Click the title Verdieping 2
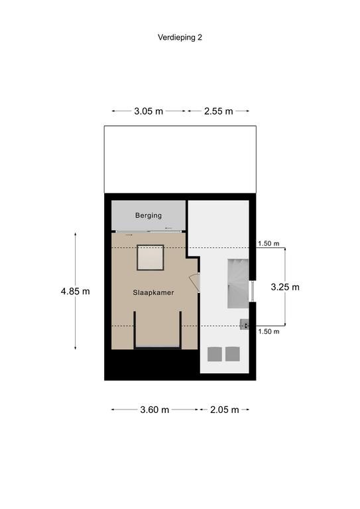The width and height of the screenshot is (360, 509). tap(180, 37)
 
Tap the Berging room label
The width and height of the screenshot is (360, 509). tap(149, 215)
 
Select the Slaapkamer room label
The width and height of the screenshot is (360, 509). tap(153, 292)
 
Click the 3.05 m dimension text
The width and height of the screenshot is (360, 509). tap(149, 111)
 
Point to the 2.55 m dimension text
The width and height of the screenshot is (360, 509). tap(219, 111)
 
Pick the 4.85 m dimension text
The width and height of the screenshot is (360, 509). tap(76, 291)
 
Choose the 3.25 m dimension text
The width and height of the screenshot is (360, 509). tap(285, 287)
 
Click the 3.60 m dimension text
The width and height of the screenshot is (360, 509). tap(154, 410)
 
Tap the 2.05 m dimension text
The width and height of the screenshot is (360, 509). tap(224, 410)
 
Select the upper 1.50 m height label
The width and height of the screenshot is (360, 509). tap(269, 243)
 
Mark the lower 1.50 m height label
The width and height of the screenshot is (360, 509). tap(269, 331)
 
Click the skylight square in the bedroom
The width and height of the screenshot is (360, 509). tap(150, 257)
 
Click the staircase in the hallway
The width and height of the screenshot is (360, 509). tap(238, 284)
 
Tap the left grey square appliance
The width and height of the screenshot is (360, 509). tap(215, 354)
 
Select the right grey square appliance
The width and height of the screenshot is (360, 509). tap(233, 354)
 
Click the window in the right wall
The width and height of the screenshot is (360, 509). tap(251, 291)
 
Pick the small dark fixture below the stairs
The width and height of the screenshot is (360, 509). tap(244, 325)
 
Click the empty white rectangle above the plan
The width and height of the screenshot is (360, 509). tap(180, 159)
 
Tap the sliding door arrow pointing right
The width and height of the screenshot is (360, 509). tap(129, 235)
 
